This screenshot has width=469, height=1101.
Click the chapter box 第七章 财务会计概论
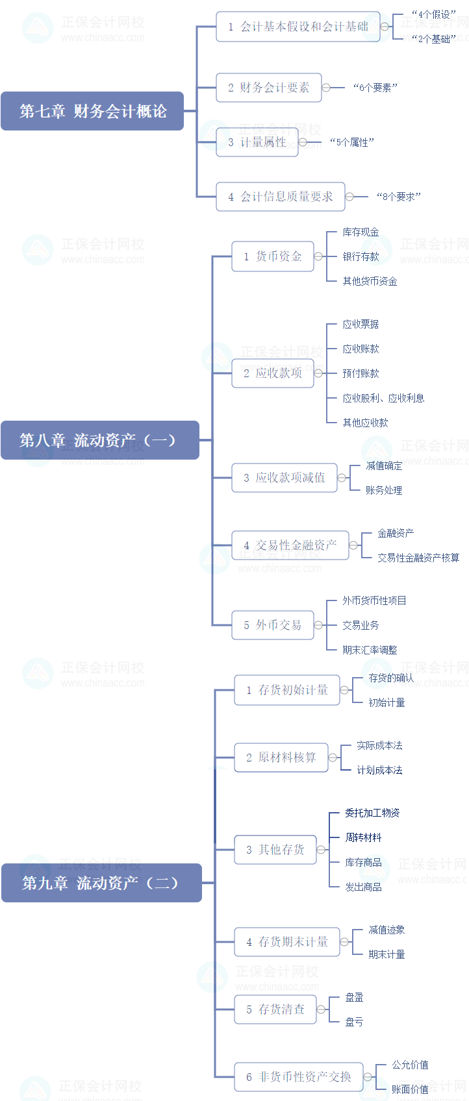[x=92, y=111]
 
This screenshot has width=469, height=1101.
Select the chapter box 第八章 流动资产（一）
[x=99, y=440]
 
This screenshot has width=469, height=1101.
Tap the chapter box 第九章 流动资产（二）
[x=101, y=883]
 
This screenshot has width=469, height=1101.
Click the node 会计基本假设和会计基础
[x=298, y=27]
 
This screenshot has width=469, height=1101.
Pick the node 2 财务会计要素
[x=268, y=88]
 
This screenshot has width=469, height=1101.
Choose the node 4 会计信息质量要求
[x=280, y=197]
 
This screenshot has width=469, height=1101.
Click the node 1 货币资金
[x=272, y=256]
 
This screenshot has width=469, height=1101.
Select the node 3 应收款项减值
[x=284, y=478]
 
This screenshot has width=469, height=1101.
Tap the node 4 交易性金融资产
[x=290, y=545]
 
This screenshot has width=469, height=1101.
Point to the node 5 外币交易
[x=272, y=625]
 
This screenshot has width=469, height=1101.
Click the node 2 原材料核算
[x=281, y=758]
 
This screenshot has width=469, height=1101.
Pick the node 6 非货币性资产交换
[x=298, y=1077]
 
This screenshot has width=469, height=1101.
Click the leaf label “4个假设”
[x=434, y=14]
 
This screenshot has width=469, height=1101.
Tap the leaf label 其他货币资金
[x=370, y=281]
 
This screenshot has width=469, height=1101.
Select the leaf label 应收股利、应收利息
[x=383, y=398]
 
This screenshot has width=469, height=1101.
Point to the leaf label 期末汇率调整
[x=370, y=650]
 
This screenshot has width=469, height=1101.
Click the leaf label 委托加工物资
[x=372, y=813]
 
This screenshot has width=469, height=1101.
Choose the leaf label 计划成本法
[x=379, y=770]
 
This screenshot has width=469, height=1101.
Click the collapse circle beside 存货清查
[x=321, y=1009]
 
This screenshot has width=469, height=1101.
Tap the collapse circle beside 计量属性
[x=303, y=142]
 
